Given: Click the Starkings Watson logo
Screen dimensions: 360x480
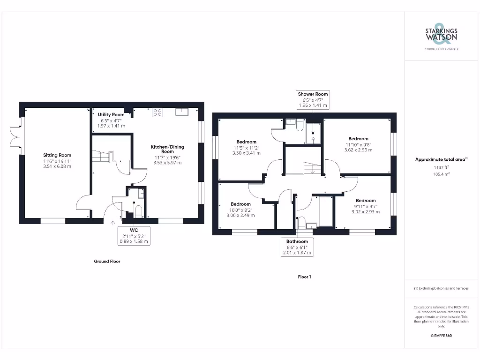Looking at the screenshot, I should click(441, 36).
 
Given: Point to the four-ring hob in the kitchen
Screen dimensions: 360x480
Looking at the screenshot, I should click(157, 112).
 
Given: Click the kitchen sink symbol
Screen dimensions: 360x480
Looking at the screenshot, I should click(181, 112).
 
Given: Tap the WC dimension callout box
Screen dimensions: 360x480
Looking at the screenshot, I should click(134, 236).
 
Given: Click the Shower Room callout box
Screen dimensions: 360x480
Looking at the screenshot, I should click(313, 100).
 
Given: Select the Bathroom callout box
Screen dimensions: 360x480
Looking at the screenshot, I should click(297, 247).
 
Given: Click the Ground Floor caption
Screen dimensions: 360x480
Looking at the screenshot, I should click(107, 262).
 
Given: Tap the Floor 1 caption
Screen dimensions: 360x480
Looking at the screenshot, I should click(304, 277).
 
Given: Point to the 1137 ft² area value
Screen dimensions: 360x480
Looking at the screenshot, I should click(441, 167).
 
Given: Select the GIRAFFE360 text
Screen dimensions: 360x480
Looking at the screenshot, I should click(441, 336).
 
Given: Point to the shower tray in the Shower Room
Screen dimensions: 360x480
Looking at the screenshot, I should click(314, 133).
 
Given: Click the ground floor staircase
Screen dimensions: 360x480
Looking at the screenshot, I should click(103, 156).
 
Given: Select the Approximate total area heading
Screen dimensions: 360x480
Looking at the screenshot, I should click(441, 159).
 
